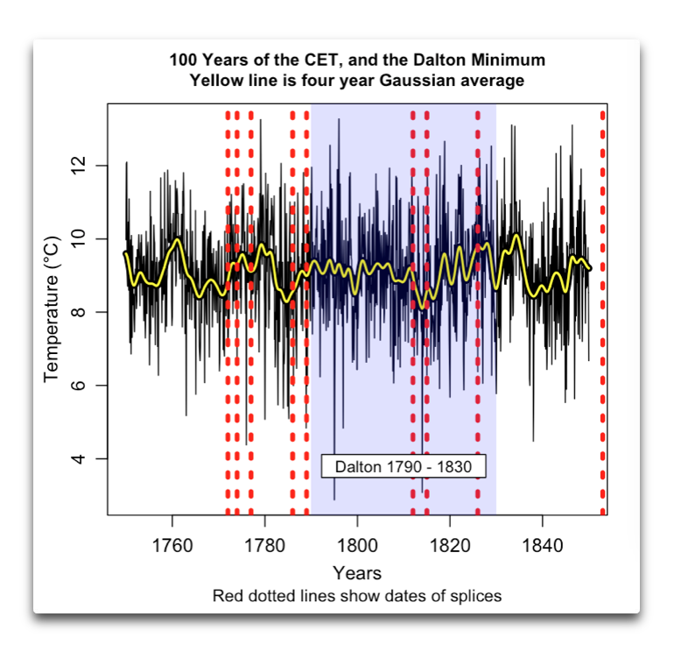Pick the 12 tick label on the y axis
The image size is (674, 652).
click(79, 166)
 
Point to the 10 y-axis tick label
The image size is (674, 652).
click(79, 239)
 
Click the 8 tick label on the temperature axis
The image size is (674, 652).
click(79, 312)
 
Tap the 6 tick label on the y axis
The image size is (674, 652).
click(79, 386)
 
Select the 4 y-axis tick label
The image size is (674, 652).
click(79, 459)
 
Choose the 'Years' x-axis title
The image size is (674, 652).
click(357, 573)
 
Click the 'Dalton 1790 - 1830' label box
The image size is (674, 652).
click(404, 466)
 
